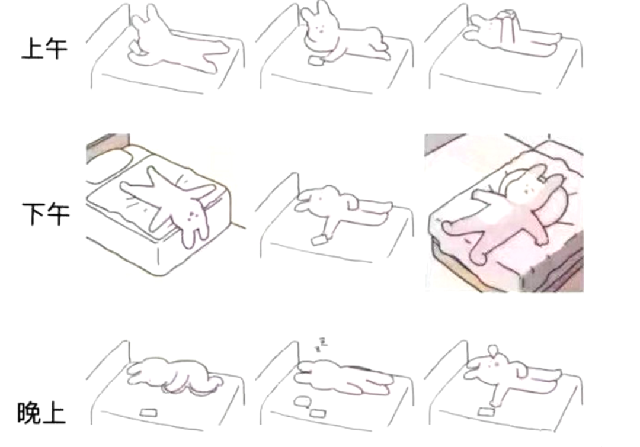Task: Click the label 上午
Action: tap(44, 49)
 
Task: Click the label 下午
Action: tap(46, 214)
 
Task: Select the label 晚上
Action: tap(41, 413)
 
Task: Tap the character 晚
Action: tap(29, 413)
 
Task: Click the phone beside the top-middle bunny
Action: tap(315, 61)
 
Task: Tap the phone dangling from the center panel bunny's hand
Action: tap(319, 240)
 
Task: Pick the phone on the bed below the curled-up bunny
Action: tap(148, 413)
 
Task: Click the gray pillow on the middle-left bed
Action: tap(108, 166)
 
